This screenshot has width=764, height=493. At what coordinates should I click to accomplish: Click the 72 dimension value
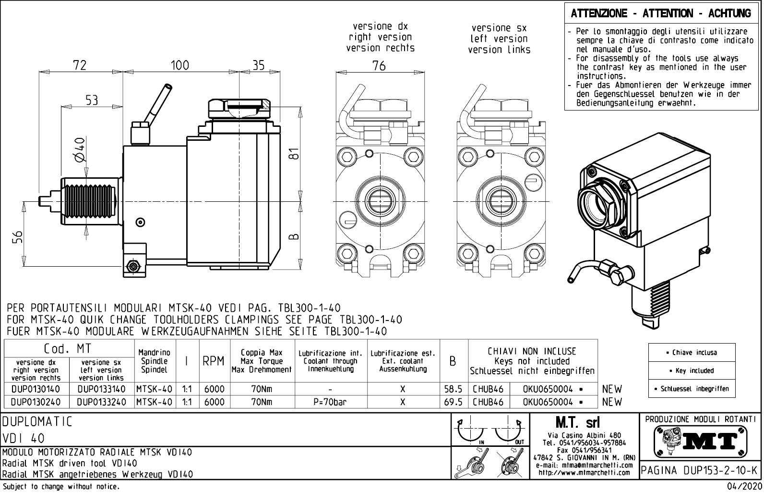80,65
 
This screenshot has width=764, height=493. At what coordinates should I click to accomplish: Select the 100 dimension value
180,65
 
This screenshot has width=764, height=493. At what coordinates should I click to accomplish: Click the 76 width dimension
379,66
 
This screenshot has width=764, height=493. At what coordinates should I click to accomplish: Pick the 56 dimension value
17,236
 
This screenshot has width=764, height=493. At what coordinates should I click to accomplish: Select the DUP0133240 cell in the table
101,402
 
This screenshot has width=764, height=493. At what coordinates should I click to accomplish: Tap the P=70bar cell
330,402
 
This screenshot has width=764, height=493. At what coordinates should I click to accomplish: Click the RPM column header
213,361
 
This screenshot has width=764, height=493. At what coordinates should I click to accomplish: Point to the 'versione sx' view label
499,28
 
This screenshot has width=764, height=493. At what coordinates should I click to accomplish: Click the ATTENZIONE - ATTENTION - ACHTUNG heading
661,14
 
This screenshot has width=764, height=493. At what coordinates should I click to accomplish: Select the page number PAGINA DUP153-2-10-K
700,470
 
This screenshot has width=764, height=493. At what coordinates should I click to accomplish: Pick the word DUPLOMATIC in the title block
37,422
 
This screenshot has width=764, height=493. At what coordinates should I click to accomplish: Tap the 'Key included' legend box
692,371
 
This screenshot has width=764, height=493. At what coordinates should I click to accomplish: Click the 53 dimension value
92,100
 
